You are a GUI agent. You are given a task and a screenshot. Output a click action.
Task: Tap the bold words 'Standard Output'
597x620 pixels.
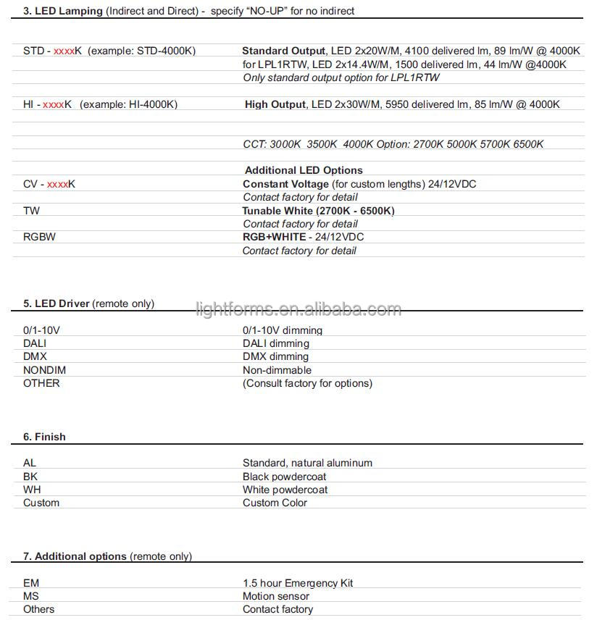pos(283,51)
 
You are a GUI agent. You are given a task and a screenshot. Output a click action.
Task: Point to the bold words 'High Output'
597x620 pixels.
pos(275,104)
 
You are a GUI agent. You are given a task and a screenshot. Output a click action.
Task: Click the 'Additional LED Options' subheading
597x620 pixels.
pos(304,170)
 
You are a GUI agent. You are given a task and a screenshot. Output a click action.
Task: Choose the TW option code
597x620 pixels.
pos(31,211)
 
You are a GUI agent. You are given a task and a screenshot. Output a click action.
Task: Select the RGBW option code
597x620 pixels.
pos(39,237)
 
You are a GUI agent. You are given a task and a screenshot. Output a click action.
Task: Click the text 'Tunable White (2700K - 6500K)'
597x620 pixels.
pos(318,211)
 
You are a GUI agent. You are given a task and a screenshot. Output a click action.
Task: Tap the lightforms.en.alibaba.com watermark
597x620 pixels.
pos(298,310)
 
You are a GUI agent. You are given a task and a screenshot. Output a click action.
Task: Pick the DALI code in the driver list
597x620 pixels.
pos(36,343)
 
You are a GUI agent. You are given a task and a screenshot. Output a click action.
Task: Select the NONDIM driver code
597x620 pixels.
pos(44,370)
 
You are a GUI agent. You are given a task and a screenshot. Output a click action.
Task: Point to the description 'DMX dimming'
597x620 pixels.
pos(275,356)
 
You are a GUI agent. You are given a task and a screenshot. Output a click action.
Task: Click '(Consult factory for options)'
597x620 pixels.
pos(307,383)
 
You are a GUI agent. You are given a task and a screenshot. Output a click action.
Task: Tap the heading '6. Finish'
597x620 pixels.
pos(44,437)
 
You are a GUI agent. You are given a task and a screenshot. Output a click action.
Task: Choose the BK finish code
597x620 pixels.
pos(30,477)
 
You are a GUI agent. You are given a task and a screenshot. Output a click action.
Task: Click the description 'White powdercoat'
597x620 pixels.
pos(285,490)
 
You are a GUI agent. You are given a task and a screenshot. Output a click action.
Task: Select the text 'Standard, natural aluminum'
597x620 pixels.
pos(307,463)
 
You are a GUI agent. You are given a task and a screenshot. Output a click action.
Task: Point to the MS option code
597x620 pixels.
pos(32,596)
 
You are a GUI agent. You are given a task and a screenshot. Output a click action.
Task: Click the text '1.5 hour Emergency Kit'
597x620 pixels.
pos(298,583)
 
